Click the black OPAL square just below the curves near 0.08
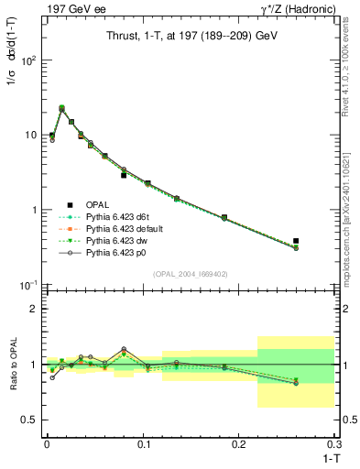(x=124, y=175)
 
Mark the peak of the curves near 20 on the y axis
(x=61, y=108)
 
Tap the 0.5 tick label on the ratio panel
(x=28, y=420)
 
